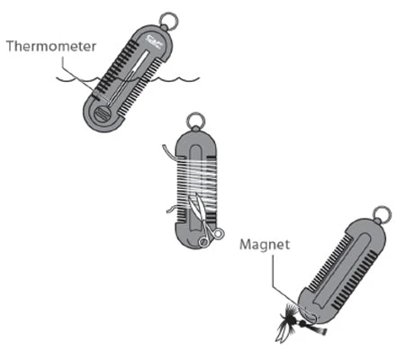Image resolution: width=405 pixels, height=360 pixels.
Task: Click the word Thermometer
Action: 51,47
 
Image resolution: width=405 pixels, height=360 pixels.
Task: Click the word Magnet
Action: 265,245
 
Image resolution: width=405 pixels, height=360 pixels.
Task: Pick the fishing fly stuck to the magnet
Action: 295,322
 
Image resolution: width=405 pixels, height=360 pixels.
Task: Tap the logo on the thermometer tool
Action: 155,41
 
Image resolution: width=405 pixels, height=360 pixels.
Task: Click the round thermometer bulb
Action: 103,113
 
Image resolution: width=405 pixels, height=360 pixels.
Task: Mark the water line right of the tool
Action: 177,80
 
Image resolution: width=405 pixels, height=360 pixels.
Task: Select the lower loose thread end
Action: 172,209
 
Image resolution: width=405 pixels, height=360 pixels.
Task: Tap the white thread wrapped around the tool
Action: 195,184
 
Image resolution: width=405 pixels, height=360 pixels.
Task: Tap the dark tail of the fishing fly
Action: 320,331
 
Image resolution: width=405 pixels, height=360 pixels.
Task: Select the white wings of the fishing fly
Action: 281,332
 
